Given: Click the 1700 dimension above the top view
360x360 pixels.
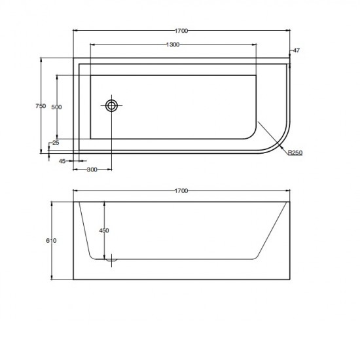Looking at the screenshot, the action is (x=181, y=31).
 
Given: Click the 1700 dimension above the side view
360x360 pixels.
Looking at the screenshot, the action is (x=181, y=190).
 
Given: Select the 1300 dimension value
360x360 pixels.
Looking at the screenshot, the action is (x=173, y=45).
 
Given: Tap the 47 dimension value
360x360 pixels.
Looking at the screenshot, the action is (x=297, y=50).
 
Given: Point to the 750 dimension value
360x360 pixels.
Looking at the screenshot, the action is (x=41, y=106).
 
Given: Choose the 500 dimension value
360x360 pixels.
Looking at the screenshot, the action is (x=56, y=107).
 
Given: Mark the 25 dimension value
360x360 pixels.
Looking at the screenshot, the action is (x=56, y=143).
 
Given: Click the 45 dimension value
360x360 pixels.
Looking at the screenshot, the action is (x=62, y=161).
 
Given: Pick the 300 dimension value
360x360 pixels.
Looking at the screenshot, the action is (x=92, y=170).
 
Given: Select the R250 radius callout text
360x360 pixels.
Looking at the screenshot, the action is (x=295, y=153).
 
